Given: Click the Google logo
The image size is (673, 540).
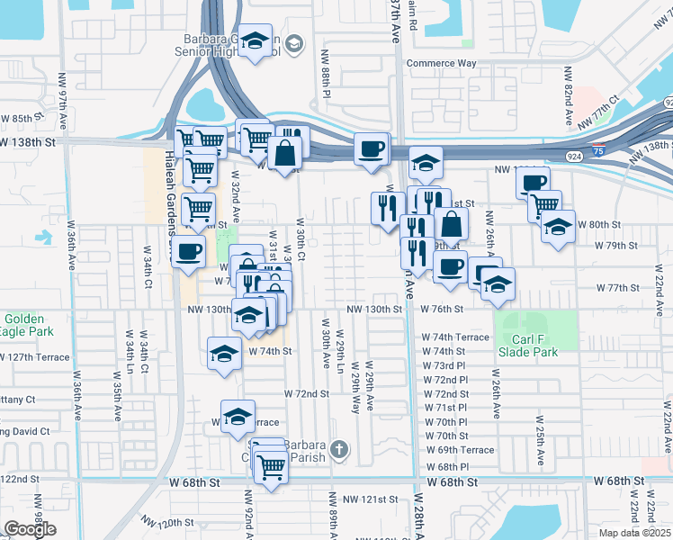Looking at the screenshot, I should pos(30,529).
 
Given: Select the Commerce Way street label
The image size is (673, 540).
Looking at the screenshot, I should pos(441,63).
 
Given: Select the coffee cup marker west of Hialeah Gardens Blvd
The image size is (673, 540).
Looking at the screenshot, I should pos(188,252).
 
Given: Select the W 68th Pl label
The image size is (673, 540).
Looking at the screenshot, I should pos(446,467).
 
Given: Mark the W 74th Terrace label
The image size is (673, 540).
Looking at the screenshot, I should pos(455,337).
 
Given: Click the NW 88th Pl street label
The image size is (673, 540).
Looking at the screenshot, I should pos(324,76).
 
